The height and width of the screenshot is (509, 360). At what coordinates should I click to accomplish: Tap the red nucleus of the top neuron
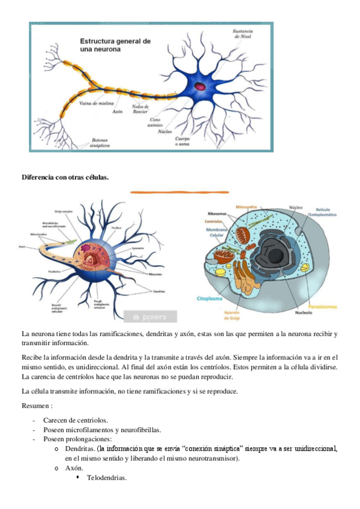(200, 86)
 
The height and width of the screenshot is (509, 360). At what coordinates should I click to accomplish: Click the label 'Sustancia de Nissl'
(243, 33)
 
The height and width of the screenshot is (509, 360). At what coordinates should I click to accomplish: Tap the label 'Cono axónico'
(155, 122)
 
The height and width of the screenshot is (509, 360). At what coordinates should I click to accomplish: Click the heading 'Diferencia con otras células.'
(65, 176)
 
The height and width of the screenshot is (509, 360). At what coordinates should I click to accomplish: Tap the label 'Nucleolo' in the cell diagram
(290, 312)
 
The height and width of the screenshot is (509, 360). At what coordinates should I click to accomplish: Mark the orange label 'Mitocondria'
(245, 207)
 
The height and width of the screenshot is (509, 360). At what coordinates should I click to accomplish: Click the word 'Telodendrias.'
(107, 478)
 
